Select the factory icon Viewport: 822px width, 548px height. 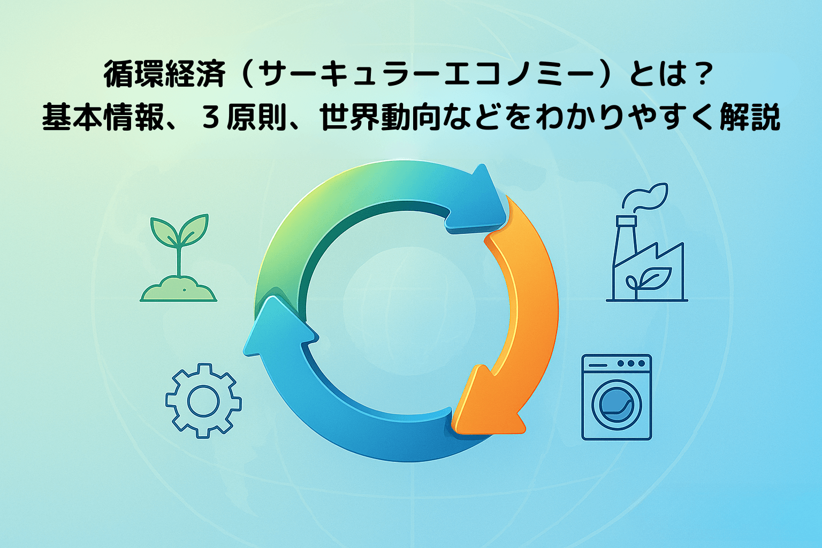click(648, 257)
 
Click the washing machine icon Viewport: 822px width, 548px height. click(616, 397)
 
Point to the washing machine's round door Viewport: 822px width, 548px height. click(616, 405)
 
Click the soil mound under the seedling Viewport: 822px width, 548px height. click(179, 290)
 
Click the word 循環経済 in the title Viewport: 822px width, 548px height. click(164, 74)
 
